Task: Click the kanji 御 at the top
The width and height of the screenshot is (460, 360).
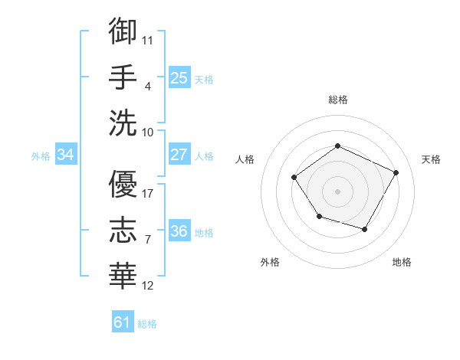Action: (x=123, y=31)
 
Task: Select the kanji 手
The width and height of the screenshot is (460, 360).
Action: (x=123, y=76)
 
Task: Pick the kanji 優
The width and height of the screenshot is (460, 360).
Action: (x=123, y=184)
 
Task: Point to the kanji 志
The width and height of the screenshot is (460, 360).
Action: (x=123, y=229)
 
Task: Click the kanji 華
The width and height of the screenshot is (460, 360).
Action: (x=123, y=274)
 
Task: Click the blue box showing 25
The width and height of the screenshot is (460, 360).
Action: (x=179, y=77)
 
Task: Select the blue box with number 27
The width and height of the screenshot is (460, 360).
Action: (x=179, y=155)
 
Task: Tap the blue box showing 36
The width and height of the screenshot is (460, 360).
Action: (x=179, y=231)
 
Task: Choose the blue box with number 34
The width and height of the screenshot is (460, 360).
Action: (x=66, y=155)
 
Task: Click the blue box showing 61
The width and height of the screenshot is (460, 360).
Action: (x=123, y=322)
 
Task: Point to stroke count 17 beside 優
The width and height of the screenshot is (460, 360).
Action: (x=148, y=193)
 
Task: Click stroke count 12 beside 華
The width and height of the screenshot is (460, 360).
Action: (x=148, y=286)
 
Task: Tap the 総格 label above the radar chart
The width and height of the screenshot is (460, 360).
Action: (x=337, y=100)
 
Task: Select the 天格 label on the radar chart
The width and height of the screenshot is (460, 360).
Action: (x=432, y=159)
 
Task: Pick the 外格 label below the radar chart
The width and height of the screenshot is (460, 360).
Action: (x=270, y=262)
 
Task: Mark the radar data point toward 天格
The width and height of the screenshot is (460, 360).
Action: (x=396, y=172)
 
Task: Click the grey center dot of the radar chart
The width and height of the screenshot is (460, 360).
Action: (x=337, y=191)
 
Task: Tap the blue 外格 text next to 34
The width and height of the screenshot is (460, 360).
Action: (x=41, y=155)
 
